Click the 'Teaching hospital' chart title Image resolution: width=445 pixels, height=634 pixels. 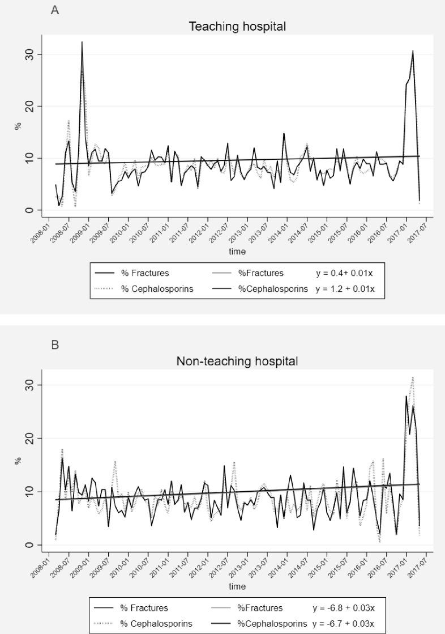point(237,27)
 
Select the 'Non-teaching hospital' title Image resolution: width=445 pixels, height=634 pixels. point(237,361)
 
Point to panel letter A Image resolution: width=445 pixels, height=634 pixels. point(55,10)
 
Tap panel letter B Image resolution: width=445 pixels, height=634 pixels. point(55,344)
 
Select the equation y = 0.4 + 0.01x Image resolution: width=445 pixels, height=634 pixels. point(344,273)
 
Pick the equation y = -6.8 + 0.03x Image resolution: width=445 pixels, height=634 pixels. point(343,608)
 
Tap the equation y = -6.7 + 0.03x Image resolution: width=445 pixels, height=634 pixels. point(343,624)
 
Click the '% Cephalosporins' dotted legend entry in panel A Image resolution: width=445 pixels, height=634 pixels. point(157,289)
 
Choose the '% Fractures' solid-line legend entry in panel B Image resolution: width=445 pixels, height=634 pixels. point(144,608)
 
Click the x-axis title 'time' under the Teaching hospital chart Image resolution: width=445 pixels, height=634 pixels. point(237,252)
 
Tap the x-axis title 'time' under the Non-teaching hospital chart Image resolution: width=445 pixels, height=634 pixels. point(237,586)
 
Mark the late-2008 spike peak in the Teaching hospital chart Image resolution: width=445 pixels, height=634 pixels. point(82,42)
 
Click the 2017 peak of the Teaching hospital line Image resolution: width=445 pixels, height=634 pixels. point(413,51)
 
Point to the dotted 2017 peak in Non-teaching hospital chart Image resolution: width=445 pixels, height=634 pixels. point(413,377)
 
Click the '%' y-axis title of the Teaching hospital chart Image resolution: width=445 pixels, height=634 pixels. point(18,126)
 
